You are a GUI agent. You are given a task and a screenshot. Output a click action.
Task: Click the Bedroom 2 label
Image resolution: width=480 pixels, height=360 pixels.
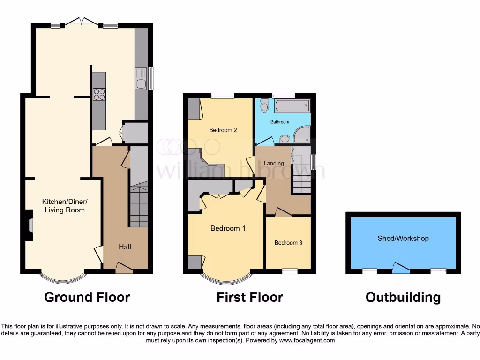pos(223,130)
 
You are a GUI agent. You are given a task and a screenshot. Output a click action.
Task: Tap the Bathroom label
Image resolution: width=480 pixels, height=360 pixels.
pos(280,122)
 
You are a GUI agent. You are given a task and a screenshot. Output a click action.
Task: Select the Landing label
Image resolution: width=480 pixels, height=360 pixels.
pos(274,164)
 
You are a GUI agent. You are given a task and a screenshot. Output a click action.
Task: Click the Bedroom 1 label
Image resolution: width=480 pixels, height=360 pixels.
pos(228,228)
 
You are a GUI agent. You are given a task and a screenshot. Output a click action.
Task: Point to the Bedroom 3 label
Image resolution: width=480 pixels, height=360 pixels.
pos(288,243)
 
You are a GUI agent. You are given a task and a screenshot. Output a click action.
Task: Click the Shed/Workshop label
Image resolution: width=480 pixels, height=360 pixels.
pos(403,239)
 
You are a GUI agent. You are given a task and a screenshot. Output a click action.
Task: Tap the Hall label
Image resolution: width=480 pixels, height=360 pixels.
pos(125,247)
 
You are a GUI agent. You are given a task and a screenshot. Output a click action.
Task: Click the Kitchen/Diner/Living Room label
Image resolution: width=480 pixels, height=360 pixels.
pos(65,206)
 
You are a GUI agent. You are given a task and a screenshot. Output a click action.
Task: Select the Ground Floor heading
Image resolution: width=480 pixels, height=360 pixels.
pos(87,297)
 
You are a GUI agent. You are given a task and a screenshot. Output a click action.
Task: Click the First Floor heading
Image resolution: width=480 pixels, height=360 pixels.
pos(249,297)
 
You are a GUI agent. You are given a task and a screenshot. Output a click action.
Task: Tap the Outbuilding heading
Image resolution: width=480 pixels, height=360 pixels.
pos(403,297)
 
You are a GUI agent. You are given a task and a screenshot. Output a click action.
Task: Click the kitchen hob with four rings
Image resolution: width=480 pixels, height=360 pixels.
pos(99,95)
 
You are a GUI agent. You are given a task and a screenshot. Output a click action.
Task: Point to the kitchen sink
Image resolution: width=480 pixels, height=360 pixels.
pos(141,79)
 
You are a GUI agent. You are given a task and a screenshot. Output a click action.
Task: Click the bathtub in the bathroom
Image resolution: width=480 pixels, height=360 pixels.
pos(292,106)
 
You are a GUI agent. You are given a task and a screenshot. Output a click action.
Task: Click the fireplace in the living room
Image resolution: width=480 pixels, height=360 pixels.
pos(29,226)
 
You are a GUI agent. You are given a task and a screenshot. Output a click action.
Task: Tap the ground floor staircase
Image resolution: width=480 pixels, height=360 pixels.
pos(138,204)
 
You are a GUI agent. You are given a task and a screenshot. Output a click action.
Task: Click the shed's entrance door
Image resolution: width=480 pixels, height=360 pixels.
pos(400,268)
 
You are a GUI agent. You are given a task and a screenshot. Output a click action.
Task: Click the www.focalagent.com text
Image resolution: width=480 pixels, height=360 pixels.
pos(307,340)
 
